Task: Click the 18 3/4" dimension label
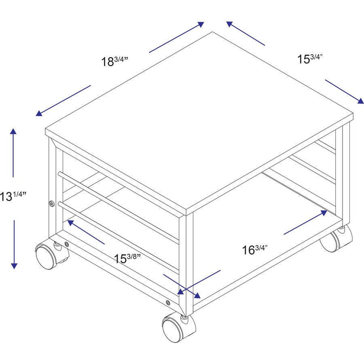point(114,61)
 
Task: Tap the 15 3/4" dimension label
point(310,59)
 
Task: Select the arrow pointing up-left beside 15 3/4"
point(245,33)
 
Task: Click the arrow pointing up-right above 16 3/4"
point(305,222)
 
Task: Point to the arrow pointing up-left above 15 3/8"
point(86,232)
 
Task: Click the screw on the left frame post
point(51,204)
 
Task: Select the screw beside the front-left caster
point(67,244)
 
